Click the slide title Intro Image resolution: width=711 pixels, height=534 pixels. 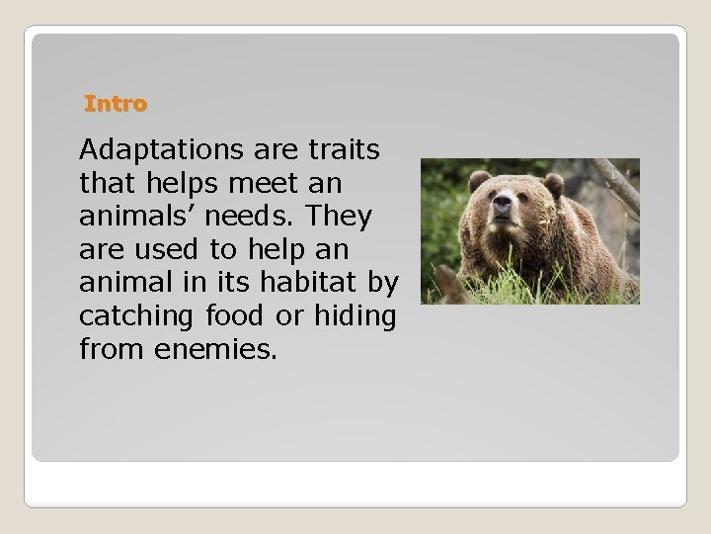pyautogui.click(x=116, y=103)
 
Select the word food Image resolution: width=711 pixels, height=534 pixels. pyautogui.click(x=233, y=315)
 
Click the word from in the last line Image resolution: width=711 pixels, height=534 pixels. pyautogui.click(x=107, y=348)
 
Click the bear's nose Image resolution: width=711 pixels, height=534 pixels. pyautogui.click(x=505, y=209)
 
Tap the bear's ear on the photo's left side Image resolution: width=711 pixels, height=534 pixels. pyautogui.click(x=479, y=180)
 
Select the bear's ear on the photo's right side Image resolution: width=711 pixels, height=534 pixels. pyautogui.click(x=553, y=184)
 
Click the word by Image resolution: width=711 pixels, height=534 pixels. pyautogui.click(x=383, y=283)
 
